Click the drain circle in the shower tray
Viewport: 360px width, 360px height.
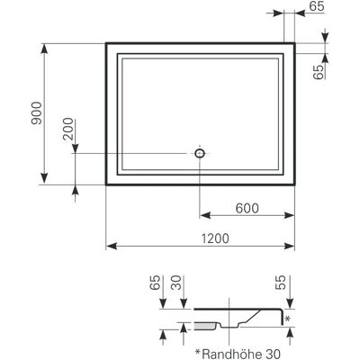pos(200,153)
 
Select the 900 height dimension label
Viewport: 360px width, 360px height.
pos(37,113)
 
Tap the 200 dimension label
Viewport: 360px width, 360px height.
pos(68,129)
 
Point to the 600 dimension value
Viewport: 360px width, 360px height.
pos(247,208)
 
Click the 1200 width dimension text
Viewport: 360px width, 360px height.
pos(215,238)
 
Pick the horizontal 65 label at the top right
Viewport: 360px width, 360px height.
pos(317,6)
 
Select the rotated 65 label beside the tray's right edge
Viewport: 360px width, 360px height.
pos(319,72)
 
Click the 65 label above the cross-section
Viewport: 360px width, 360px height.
pos(155,283)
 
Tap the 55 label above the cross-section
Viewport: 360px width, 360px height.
pos(281,283)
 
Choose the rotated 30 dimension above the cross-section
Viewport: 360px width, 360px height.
pos(176,283)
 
